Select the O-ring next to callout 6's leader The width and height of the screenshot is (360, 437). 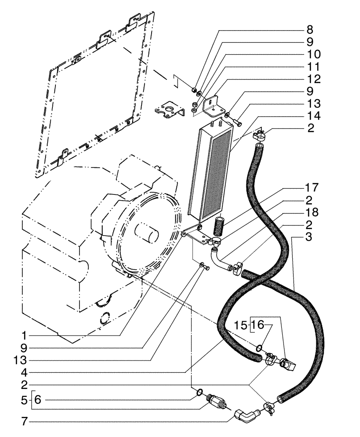tap(200, 391)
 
